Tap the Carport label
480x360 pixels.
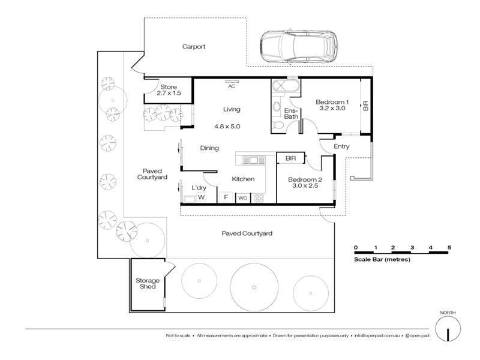[x=194, y=46]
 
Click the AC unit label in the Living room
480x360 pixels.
[x=232, y=86]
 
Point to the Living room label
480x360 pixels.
[x=232, y=109]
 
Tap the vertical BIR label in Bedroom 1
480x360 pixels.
[x=365, y=106]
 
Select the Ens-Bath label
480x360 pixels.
[x=290, y=113]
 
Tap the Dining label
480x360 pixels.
[x=209, y=148]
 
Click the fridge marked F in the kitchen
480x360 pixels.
[x=226, y=197]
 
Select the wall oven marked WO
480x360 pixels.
[x=242, y=197]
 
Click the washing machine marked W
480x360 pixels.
[x=201, y=197]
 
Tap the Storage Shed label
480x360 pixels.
[x=146, y=283]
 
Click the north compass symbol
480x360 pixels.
[x=447, y=329]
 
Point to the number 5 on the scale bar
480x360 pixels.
[x=449, y=247]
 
